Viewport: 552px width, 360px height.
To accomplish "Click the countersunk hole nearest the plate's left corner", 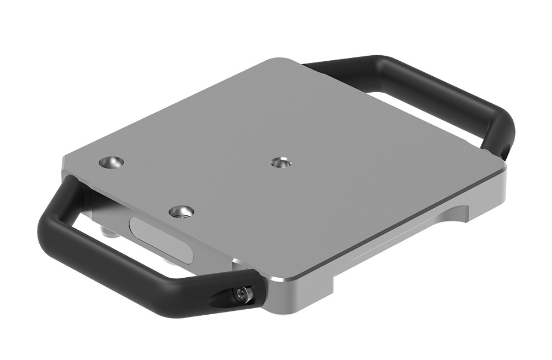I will click(111, 162).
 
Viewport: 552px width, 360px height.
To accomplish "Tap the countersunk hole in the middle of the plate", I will click(281, 162).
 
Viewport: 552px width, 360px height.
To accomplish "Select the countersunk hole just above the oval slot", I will click(182, 211).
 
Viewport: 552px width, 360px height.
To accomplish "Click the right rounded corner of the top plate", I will click(500, 163).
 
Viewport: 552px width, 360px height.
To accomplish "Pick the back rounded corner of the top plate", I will click(284, 61).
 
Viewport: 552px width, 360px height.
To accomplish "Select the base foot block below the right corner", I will click(486, 199).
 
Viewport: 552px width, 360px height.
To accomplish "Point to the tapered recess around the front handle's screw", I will click(229, 298).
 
